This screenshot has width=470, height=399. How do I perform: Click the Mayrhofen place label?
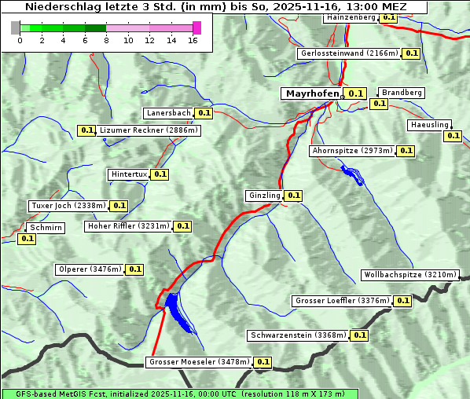[312, 93]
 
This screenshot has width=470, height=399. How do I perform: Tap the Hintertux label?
[128, 174]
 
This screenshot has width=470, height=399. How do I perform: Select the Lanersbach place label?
[168, 113]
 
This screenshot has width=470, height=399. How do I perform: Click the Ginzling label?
[263, 196]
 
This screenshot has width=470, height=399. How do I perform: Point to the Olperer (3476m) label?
[90, 269]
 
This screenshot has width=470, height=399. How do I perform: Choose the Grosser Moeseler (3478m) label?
[199, 362]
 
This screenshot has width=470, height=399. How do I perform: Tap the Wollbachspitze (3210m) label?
[409, 275]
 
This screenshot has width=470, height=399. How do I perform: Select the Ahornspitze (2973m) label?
[351, 151]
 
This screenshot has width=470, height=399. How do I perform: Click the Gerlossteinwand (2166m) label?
[348, 53]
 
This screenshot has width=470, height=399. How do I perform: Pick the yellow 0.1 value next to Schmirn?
[27, 239]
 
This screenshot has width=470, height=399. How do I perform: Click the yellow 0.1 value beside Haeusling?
[453, 136]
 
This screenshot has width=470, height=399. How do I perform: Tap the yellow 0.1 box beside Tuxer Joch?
[119, 206]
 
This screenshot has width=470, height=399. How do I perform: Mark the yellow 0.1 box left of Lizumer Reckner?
[86, 130]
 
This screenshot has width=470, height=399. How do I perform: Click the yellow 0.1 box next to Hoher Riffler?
[182, 226]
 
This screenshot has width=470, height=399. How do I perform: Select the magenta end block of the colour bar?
[196, 27]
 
